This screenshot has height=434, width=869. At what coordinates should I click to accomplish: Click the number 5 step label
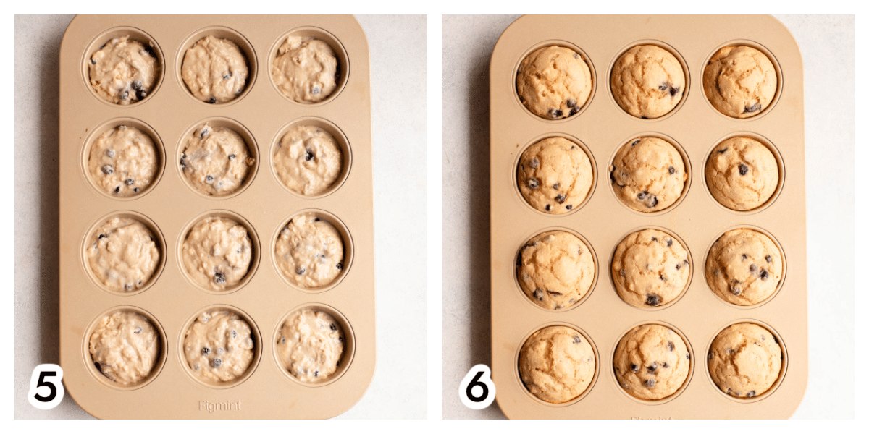[46, 386]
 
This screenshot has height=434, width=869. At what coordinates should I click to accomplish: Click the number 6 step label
[477, 386]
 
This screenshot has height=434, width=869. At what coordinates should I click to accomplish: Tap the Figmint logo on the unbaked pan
[219, 406]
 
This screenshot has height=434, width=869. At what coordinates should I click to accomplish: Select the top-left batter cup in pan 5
[123, 69]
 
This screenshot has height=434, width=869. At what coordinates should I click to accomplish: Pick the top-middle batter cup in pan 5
[216, 69]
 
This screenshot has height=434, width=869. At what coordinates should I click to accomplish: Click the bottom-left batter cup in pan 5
[125, 346]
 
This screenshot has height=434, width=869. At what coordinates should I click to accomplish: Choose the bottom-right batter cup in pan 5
[311, 345]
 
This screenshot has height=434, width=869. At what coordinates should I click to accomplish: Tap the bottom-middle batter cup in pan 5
[219, 345]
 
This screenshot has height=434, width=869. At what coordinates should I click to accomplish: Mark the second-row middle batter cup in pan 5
[217, 160]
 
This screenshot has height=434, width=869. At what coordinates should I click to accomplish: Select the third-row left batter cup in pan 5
[123, 254]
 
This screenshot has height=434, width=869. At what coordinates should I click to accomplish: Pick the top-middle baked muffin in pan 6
[648, 81]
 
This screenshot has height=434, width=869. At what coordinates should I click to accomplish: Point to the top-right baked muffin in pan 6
[740, 81]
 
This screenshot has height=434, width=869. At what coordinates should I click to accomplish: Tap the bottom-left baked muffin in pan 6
[557, 365]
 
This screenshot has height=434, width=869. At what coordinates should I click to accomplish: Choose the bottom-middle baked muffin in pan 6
[652, 362]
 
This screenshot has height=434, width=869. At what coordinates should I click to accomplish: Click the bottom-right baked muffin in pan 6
[746, 360]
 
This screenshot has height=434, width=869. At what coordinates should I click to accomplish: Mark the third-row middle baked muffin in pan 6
[651, 268]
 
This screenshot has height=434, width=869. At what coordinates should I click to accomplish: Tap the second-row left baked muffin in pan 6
[555, 175]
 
